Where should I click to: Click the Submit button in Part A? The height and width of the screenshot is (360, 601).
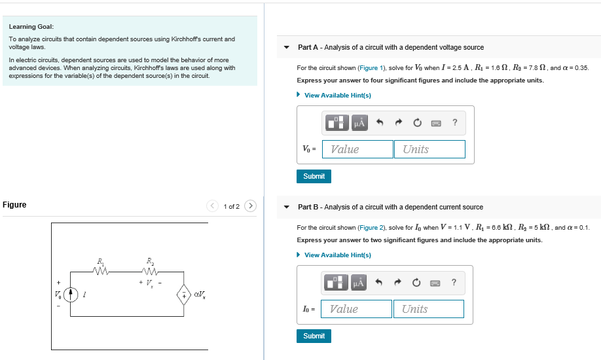point(314,176)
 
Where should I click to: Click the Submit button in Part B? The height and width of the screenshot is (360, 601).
point(314,336)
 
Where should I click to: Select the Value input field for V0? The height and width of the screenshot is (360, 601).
point(357,149)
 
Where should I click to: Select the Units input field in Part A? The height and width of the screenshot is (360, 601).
point(429,149)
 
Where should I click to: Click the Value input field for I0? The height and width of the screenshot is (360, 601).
point(356,309)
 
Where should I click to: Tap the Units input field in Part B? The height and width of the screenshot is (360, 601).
point(428,309)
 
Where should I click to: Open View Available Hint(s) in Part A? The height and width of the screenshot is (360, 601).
point(337,96)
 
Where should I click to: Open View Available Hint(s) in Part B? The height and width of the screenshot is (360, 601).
point(337,255)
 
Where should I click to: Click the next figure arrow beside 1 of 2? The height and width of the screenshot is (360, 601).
point(250,206)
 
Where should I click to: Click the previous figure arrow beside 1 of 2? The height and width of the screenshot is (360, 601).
point(213,206)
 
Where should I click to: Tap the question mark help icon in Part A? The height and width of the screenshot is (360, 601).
point(454,122)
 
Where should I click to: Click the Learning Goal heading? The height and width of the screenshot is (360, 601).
point(31,27)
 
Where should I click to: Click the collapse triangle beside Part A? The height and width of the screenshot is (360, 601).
point(286,48)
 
